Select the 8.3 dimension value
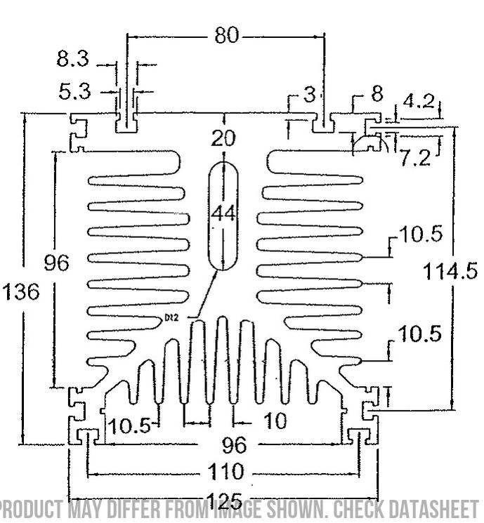pos(73,60)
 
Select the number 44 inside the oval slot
pos(223,214)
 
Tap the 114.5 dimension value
pos(450,271)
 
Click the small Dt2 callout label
pos(171,317)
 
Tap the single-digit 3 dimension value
pos(309,95)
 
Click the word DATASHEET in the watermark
pos(434,508)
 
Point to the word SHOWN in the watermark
pos(289,508)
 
